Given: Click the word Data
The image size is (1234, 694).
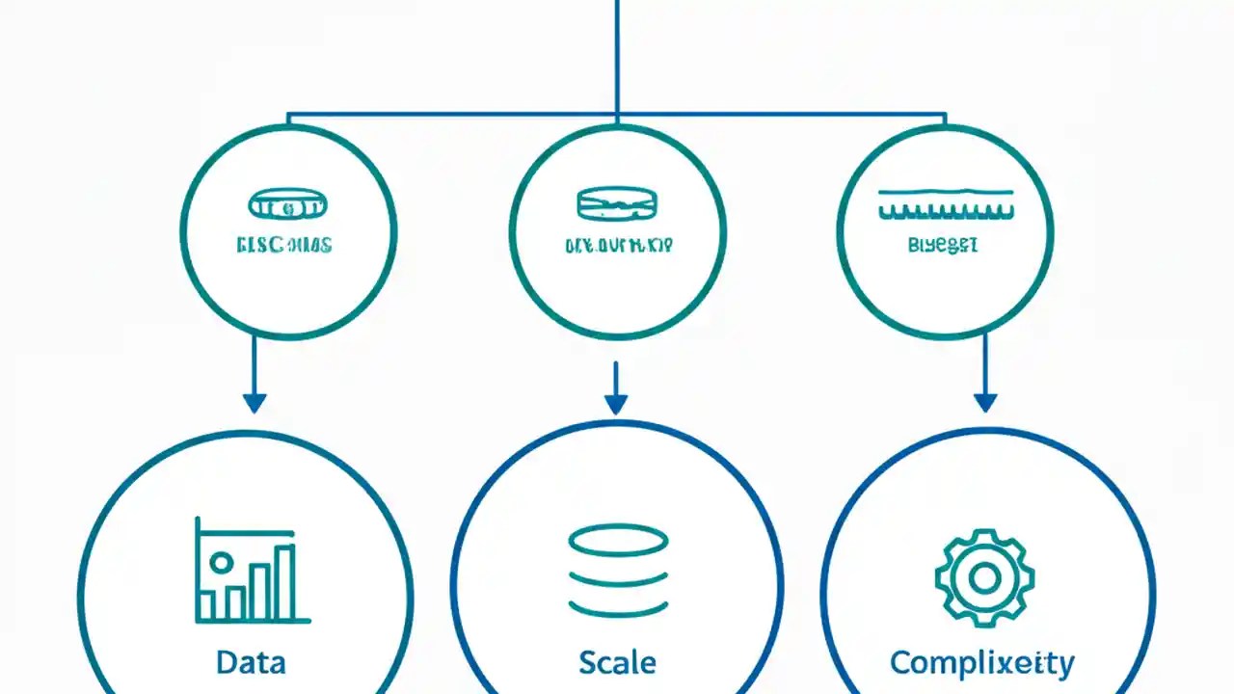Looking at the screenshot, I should coord(251,662).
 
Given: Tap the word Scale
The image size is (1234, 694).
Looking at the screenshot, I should coord(617,662).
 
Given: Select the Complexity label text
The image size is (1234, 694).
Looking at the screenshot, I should coord(981,662).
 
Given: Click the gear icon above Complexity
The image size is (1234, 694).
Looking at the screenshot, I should coord(984,578).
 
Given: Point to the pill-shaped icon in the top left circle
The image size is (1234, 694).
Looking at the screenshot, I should coord(288,203).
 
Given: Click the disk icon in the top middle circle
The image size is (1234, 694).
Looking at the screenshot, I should coord(618,202).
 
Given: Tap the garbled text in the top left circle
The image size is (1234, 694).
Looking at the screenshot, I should coord(283,245).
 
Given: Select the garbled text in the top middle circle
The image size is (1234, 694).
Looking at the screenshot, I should coord(618,245).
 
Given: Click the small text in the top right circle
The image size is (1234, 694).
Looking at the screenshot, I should coord(943,245).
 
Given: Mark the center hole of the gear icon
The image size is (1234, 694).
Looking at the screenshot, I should coord(984,578).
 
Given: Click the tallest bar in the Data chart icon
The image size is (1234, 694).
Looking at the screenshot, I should coord(284,582).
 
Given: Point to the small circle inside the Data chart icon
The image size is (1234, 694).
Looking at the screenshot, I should coord(221,562).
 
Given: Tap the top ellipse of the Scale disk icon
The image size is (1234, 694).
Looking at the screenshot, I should coord(618,540).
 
